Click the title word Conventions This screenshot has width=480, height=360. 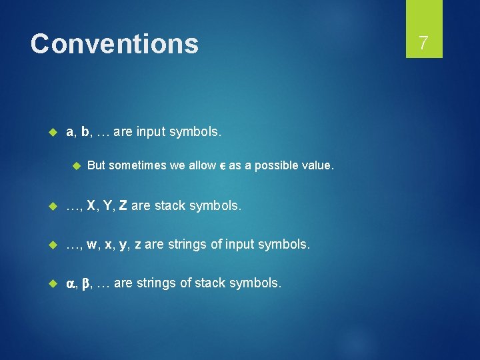(114, 44)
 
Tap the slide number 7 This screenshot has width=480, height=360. (423, 43)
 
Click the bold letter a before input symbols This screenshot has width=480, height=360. (70, 132)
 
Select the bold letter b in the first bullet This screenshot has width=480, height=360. (85, 132)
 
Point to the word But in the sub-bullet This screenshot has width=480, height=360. (96, 165)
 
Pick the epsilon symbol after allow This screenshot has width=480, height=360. (222, 166)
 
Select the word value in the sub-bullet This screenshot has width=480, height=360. (315, 165)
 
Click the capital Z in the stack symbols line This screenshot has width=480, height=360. (123, 207)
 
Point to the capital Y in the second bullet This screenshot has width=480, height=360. (109, 207)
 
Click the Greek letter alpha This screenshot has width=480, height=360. (71, 284)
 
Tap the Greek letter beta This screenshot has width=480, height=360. (85, 283)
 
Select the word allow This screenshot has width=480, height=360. (202, 165)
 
